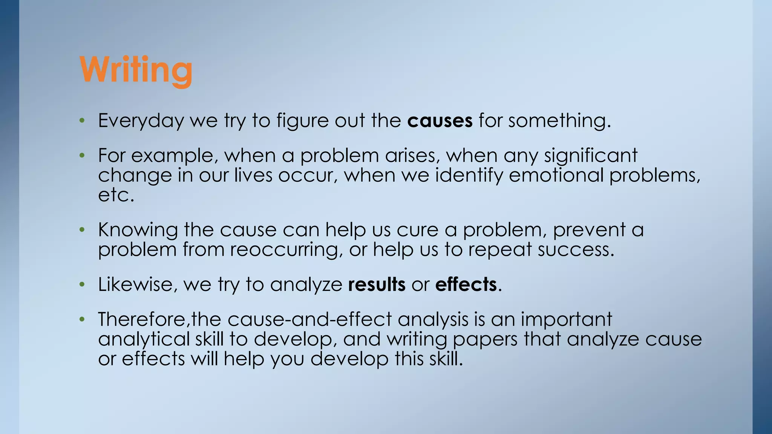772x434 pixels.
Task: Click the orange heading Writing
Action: (x=136, y=70)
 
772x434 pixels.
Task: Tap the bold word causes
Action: (x=440, y=121)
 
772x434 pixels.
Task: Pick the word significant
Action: (x=590, y=156)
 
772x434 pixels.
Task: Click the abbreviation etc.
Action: (x=116, y=195)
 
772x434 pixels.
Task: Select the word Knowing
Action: (x=138, y=230)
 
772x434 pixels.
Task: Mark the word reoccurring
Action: (x=286, y=250)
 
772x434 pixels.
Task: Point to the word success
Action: (x=576, y=250)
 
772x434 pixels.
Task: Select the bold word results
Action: (x=377, y=284)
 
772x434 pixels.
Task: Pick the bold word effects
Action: (x=466, y=284)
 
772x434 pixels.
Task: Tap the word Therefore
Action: (x=143, y=319)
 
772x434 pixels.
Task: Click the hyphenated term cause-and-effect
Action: (x=309, y=319)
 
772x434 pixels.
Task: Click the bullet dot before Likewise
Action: (x=82, y=285)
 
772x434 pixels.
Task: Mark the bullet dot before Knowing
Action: (x=82, y=230)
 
